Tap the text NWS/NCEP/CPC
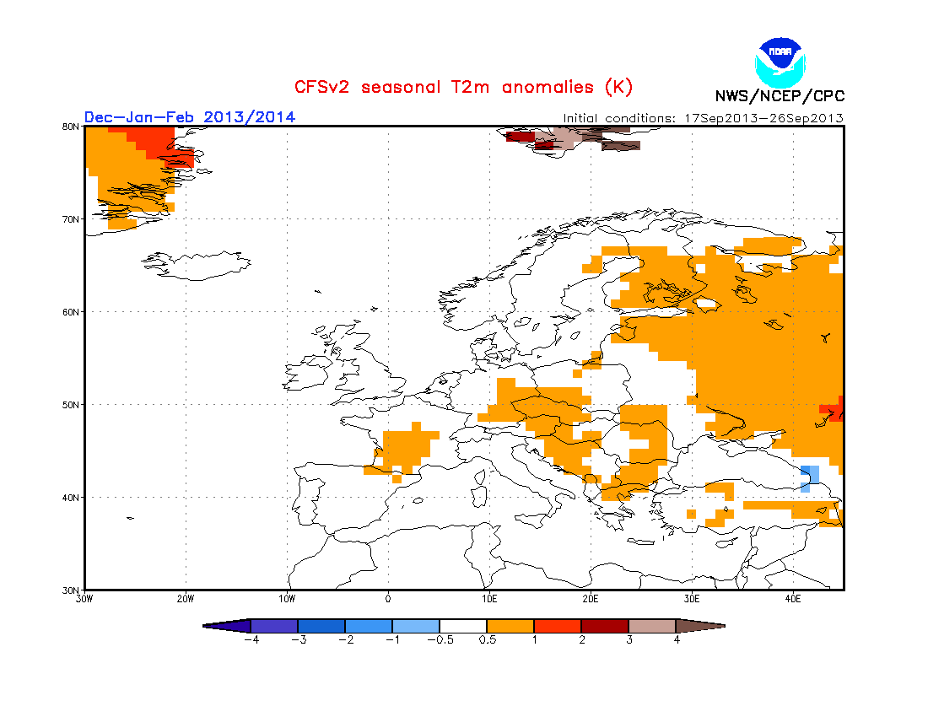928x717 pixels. coord(780,96)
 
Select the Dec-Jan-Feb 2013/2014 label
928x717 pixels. coord(190,116)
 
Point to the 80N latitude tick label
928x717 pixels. coord(71,127)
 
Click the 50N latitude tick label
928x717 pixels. coord(71,405)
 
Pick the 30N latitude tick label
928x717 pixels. coord(71,590)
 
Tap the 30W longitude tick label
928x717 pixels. coord(84,600)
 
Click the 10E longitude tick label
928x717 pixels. coord(489,600)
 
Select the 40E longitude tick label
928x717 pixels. coord(793,600)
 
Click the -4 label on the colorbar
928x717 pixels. coord(251,639)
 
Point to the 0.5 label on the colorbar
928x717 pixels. coord(487,639)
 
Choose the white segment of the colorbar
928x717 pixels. coord(463,626)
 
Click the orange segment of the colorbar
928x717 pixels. coord(510,626)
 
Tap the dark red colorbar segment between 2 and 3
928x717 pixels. coord(605,626)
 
